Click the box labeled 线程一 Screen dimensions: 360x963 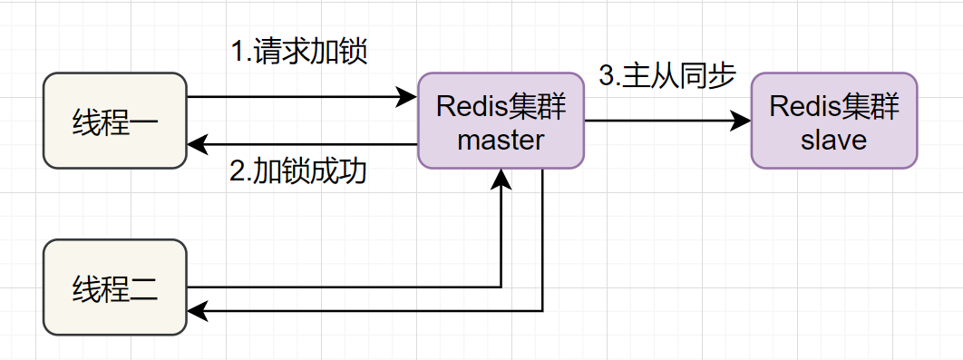tap(115, 122)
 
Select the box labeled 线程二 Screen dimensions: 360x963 tap(115, 287)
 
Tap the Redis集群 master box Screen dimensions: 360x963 tap(501, 121)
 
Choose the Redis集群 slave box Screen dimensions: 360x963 tap(833, 121)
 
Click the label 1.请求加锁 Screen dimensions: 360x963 tap(298, 52)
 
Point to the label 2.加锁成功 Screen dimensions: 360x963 tap(298, 171)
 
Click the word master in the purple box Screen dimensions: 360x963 tap(501, 140)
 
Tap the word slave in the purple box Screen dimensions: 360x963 tap(833, 140)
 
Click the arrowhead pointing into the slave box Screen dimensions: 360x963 tap(743, 121)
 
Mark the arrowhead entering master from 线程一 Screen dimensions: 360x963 tap(409, 97)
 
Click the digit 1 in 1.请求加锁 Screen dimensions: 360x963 tap(238, 53)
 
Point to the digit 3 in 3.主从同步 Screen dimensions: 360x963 tap(606, 77)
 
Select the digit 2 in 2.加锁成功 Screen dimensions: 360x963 tap(237, 172)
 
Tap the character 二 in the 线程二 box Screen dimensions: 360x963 tap(143, 288)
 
